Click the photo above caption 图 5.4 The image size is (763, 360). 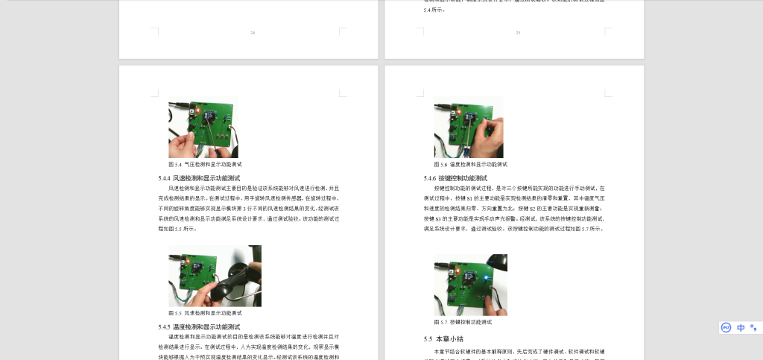click(x=203, y=128)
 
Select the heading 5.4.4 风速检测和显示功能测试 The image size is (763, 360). click(x=199, y=179)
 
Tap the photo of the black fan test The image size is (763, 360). click(x=215, y=276)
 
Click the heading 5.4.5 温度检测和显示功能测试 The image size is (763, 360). click(x=199, y=327)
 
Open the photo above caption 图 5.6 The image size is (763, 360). click(x=468, y=128)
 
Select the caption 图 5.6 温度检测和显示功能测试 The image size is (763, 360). click(x=471, y=164)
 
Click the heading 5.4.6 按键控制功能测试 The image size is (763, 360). click(x=455, y=179)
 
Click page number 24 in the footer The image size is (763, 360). click(x=253, y=33)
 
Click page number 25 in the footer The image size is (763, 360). click(x=518, y=33)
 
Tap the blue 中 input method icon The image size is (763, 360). click(x=741, y=328)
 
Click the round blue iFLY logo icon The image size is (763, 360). click(x=726, y=328)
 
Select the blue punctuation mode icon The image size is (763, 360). click(x=753, y=328)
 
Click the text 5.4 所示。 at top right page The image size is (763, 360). click(x=434, y=10)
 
